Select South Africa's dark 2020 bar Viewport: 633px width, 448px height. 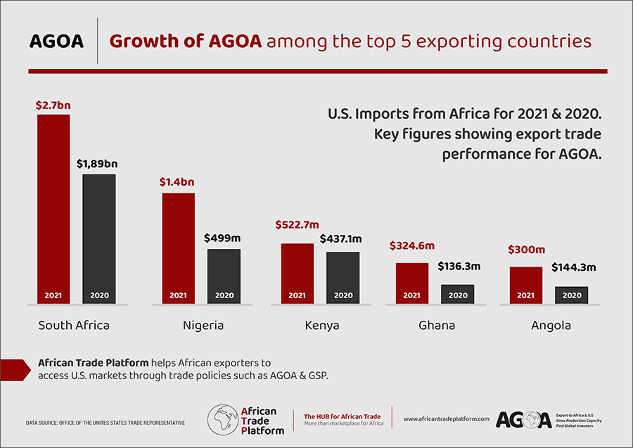coord(98,238)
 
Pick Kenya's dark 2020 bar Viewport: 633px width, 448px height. coord(343,277)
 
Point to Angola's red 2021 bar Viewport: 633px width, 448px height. coord(525,285)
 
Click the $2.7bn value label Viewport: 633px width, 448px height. coord(53,105)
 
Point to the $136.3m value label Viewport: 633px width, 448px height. coord(459,267)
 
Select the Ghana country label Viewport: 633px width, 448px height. coord(436,326)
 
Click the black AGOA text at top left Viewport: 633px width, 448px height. coord(56,41)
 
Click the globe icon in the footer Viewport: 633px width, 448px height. coord(222,419)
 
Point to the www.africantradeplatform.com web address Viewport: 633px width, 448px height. coord(446,419)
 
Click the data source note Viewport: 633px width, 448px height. coord(105,423)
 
